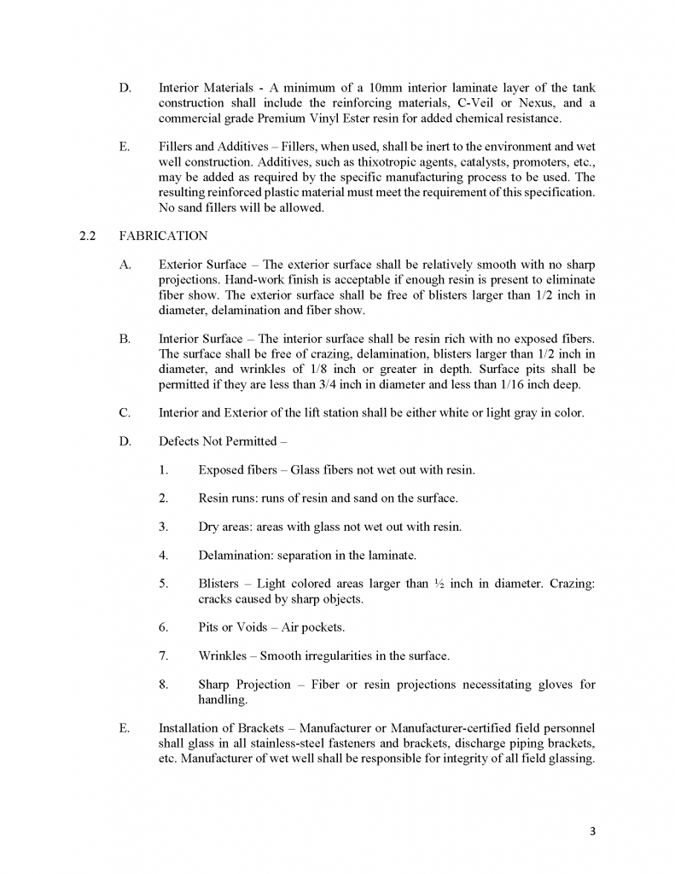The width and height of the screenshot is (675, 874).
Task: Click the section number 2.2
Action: [x=87, y=236]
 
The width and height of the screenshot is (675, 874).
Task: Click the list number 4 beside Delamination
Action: [x=162, y=555]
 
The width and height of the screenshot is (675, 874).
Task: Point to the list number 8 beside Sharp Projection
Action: [x=162, y=685]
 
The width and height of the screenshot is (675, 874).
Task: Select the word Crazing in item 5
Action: [x=573, y=584]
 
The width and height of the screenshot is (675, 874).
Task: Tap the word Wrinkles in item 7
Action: [x=224, y=655]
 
